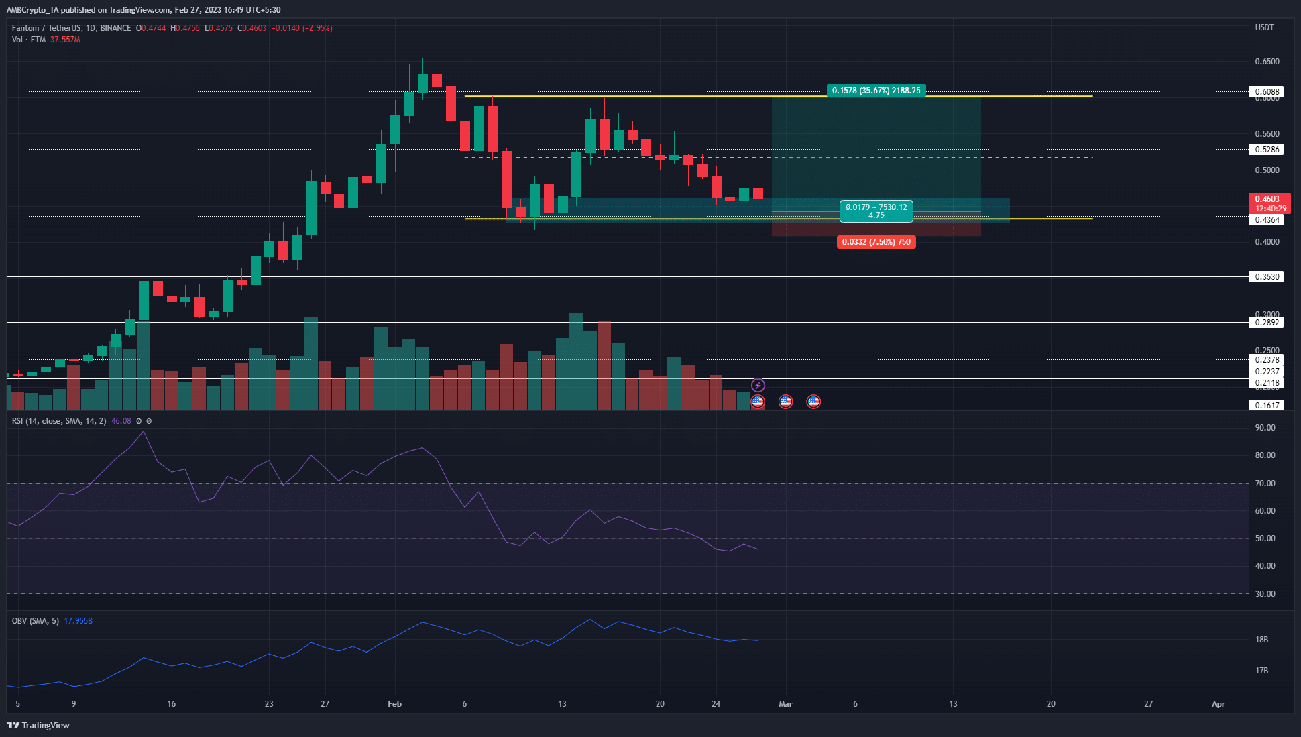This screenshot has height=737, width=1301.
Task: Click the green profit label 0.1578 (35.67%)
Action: (876, 91)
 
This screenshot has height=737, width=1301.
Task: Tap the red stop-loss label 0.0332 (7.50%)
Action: (876, 242)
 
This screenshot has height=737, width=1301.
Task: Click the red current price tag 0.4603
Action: (1267, 199)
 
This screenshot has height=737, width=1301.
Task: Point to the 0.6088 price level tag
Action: (1265, 92)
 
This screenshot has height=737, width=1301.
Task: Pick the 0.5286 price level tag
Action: (1265, 150)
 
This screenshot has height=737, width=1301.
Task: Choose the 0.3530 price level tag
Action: (1265, 277)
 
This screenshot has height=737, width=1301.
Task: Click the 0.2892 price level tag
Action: (1265, 323)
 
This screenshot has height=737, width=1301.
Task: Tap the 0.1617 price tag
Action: (1265, 406)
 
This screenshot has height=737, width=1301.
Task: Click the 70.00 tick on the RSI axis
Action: (1265, 484)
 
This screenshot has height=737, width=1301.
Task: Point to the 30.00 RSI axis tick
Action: (1265, 594)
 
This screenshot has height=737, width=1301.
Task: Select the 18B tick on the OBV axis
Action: (1261, 640)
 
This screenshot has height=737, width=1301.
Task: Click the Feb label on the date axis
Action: (394, 704)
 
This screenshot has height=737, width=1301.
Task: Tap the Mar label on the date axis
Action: (785, 704)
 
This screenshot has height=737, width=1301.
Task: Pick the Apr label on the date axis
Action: (1218, 704)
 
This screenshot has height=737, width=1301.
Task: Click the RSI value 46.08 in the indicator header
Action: (121, 421)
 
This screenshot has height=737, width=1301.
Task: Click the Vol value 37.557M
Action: (65, 40)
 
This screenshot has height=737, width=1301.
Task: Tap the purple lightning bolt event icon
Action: (758, 386)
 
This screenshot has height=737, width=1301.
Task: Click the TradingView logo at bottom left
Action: (38, 725)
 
